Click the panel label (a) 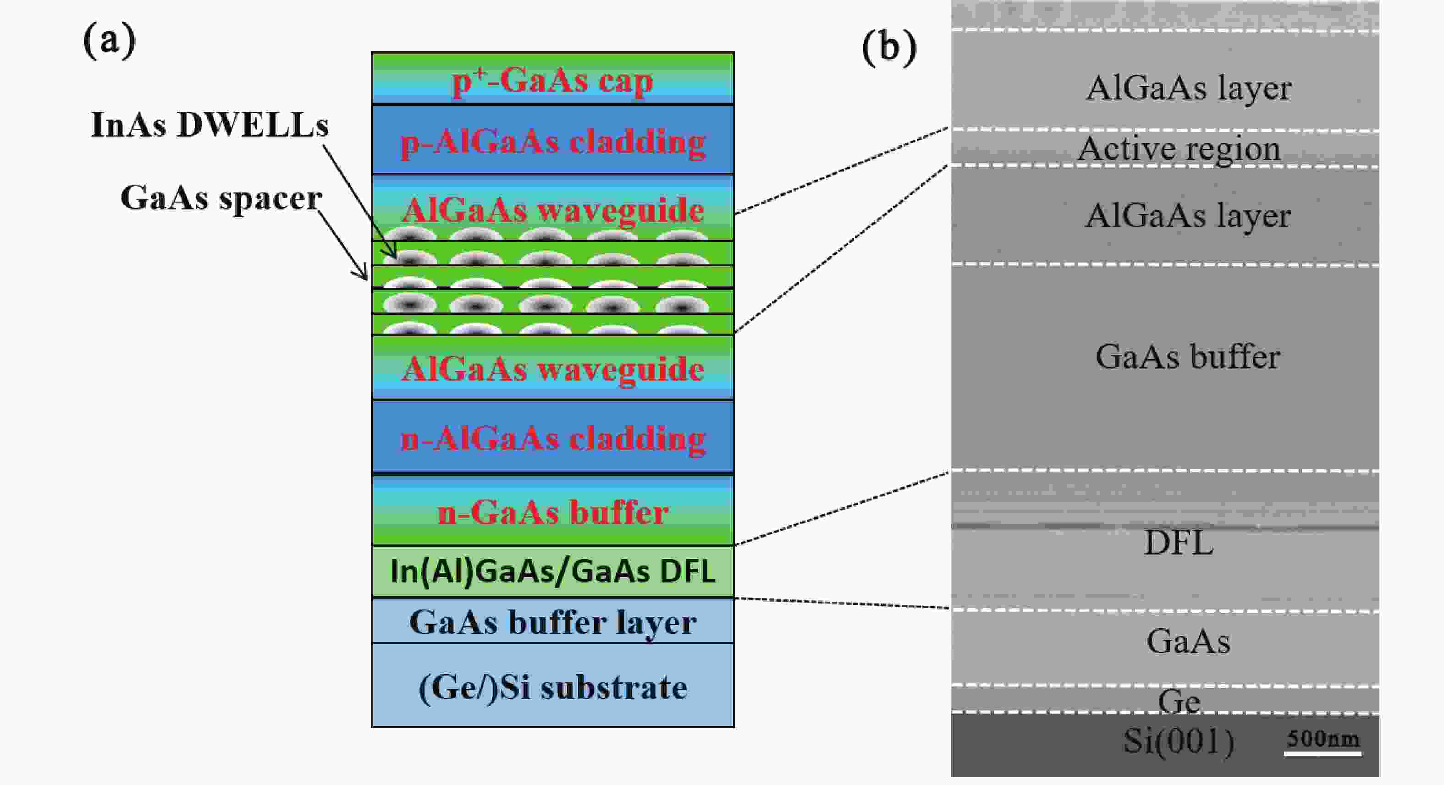pos(109,41)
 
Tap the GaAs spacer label pos(221,198)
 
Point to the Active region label pos(1179,148)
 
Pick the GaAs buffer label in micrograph pos(1187,357)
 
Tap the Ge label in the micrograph pos(1179,701)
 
